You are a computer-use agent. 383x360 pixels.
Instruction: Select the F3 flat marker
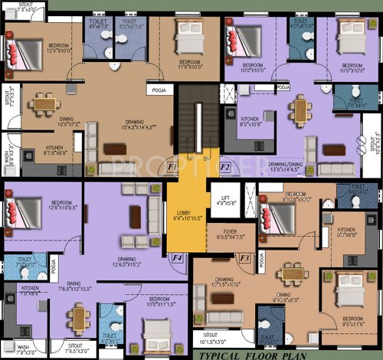pyautogui.click(x=244, y=259)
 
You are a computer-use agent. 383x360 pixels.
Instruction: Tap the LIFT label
pyautogui.click(x=224, y=198)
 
